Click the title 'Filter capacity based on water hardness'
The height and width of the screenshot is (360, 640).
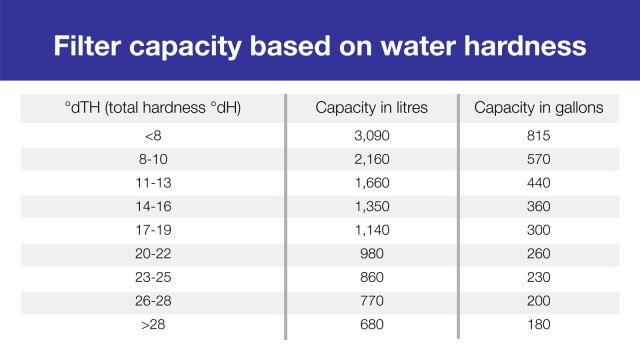click(320, 47)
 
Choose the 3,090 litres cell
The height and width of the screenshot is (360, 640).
click(371, 134)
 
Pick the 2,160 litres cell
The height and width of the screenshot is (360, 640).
click(371, 158)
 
